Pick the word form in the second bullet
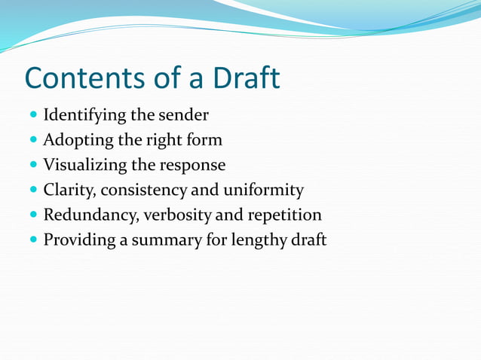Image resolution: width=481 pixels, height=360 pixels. (205, 140)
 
